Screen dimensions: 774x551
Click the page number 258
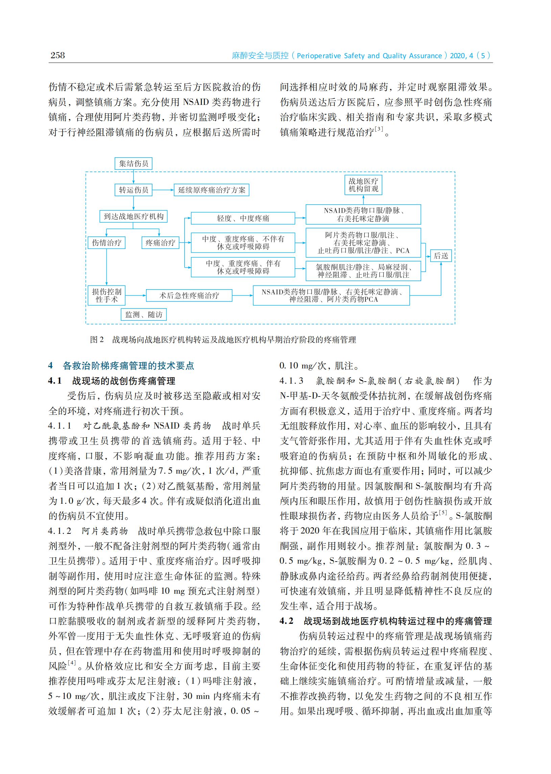coord(58,55)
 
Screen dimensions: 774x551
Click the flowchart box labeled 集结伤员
coord(133,164)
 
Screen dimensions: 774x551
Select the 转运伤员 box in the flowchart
coord(133,190)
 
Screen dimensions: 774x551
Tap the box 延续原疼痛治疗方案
coord(211,190)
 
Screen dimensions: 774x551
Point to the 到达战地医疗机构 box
coord(133,216)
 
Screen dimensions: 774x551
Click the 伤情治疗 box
coord(106,243)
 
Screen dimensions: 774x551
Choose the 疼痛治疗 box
coord(160,243)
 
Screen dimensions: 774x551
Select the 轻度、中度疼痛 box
coord(243,218)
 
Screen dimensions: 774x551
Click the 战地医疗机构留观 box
coord(363,185)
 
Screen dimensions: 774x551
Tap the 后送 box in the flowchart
coord(441,256)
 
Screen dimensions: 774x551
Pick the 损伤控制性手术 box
coord(106,295)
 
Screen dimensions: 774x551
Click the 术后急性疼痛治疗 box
coord(189,295)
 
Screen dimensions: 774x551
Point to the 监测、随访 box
coord(144,315)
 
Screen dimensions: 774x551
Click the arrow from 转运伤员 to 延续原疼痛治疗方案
coord(163,190)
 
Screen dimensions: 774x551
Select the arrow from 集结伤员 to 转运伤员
coord(133,177)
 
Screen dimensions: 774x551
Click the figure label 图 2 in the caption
coord(97,340)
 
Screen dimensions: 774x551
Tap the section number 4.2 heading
coord(287,621)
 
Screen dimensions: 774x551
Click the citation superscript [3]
coord(379,129)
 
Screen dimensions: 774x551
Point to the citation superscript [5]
coord(443,513)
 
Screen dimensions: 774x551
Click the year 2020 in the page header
coord(458,56)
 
